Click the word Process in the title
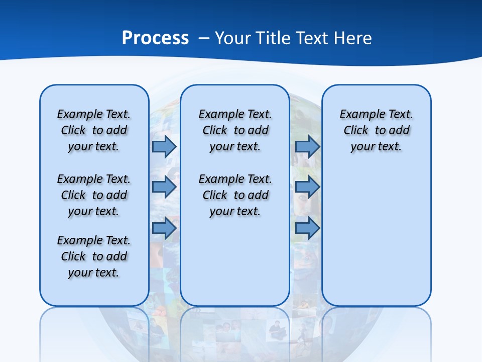coord(155,38)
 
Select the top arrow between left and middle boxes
coord(164,147)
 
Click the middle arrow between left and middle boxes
coord(164,188)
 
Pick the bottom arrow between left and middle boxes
coord(164,228)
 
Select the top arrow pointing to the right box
coord(307,147)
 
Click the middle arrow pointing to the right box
coord(307,188)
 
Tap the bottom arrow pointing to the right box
coord(307,228)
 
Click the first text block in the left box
coord(94,130)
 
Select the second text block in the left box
coord(94,195)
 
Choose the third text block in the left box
coord(94,256)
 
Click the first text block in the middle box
coord(235,130)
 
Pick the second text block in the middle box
coord(235,195)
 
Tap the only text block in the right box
coord(376,130)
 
